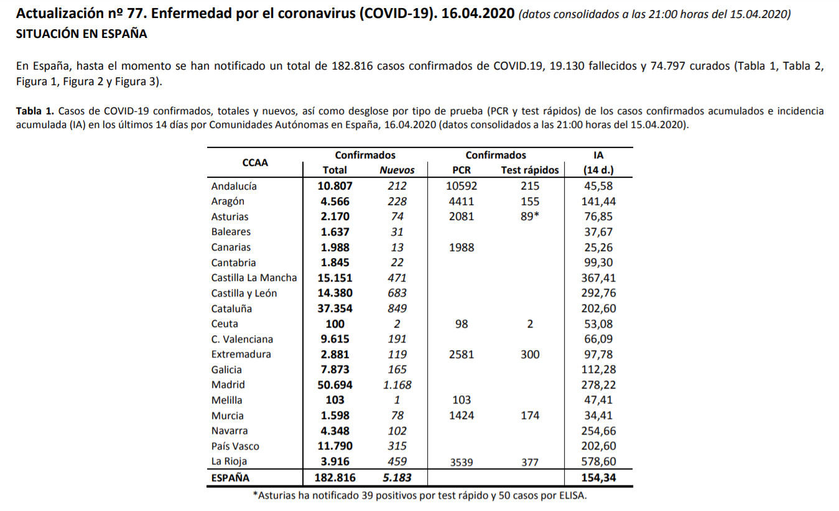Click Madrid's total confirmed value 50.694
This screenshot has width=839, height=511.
pyautogui.click(x=335, y=385)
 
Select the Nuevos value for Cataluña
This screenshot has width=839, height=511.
pyautogui.click(x=397, y=308)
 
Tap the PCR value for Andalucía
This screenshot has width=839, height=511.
pyautogui.click(x=461, y=186)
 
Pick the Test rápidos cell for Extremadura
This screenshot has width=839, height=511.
pyautogui.click(x=530, y=354)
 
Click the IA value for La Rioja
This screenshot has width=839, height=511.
pyautogui.click(x=598, y=462)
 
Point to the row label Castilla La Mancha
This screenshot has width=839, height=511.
pyautogui.click(x=254, y=278)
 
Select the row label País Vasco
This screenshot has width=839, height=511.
pyautogui.click(x=235, y=446)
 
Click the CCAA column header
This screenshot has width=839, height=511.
pyautogui.click(x=255, y=163)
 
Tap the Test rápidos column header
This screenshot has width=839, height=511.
pyautogui.click(x=530, y=170)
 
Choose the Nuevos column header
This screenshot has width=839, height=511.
pyautogui.click(x=397, y=170)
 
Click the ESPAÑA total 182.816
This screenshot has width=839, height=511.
pyautogui.click(x=335, y=478)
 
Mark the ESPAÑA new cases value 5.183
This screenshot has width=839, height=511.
pyautogui.click(x=397, y=478)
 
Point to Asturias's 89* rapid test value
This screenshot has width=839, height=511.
pyautogui.click(x=530, y=216)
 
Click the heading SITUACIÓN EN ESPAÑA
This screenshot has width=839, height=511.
pyautogui.click(x=81, y=34)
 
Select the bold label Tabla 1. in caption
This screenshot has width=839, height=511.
pyautogui.click(x=35, y=111)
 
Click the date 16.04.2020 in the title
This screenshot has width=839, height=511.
pyautogui.click(x=478, y=14)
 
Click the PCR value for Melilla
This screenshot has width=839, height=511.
pyautogui.click(x=461, y=400)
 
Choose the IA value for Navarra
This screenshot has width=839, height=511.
pyautogui.click(x=598, y=431)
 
